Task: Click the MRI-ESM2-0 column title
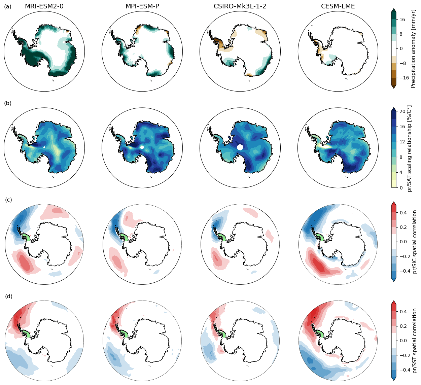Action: point(44,6)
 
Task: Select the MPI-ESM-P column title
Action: point(142,6)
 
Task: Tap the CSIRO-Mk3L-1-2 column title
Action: point(240,6)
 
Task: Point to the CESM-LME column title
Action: point(338,6)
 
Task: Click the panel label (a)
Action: point(8,6)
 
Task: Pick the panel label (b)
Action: point(8,103)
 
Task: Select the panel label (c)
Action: point(8,200)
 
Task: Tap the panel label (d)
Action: point(8,296)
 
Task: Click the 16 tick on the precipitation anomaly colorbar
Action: point(402,20)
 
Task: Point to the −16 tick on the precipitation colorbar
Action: point(403,77)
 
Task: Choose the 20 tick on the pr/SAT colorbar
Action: point(402,111)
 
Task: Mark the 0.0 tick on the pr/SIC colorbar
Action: point(403,242)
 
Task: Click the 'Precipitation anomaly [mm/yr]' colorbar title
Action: point(414,48)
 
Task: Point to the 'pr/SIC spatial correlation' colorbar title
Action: point(415,242)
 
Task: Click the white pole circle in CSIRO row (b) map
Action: point(240,147)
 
